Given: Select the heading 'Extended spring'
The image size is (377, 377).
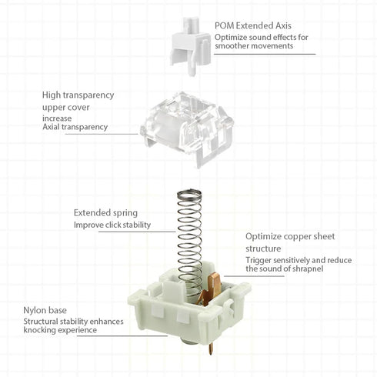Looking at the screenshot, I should tap(105, 212).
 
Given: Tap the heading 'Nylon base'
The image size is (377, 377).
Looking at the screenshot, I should tap(45, 310).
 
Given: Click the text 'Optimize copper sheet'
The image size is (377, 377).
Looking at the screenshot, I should tap(289, 237).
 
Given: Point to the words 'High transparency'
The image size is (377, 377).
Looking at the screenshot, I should tap(78, 95).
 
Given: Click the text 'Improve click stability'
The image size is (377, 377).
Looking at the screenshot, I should tap(112, 225).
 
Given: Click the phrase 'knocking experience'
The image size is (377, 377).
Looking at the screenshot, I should tap(60, 330).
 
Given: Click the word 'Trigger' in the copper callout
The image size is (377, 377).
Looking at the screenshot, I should tap(260, 260).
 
